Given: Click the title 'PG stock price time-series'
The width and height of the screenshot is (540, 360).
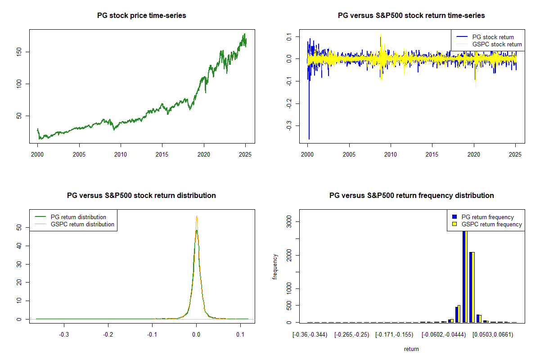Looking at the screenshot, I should click(142, 16).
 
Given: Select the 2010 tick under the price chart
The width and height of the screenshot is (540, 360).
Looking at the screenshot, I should click(121, 154).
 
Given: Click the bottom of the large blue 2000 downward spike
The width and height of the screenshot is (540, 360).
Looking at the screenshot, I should click(309, 139).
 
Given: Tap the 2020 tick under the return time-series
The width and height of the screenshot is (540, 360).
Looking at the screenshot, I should click(473, 154).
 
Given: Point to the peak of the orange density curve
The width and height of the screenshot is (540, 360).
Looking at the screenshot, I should click(196, 216).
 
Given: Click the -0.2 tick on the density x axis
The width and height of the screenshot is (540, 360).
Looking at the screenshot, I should click(108, 334).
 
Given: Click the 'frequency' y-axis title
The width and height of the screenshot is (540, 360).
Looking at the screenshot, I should click(275, 266).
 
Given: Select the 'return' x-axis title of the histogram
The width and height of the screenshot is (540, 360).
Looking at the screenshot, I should click(412, 349).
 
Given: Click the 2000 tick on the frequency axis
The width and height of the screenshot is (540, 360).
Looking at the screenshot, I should click(290, 255).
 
